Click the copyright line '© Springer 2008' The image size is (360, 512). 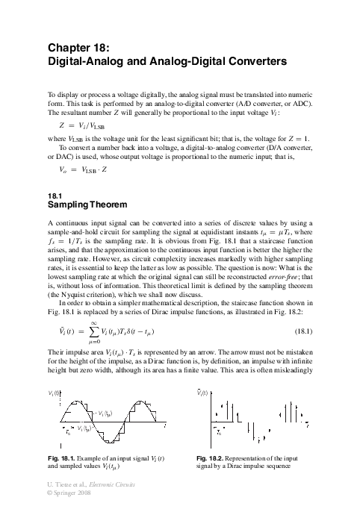tap(73, 504)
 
